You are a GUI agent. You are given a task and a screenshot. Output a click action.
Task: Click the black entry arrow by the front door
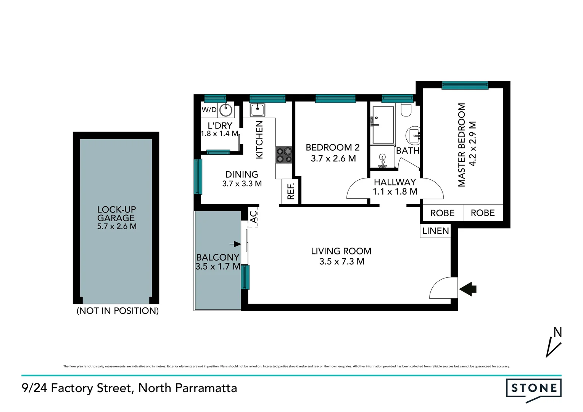[468, 289]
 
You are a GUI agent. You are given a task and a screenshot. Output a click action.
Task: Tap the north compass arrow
[554, 346]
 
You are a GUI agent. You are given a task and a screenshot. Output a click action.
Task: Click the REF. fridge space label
[291, 192]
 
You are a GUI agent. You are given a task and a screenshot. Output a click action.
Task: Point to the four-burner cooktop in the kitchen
[284, 155]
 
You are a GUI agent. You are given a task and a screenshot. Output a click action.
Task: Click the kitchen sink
[258, 110]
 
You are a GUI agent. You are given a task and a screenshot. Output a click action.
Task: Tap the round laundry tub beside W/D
[226, 110]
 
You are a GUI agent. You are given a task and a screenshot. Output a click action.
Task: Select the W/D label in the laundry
[209, 110]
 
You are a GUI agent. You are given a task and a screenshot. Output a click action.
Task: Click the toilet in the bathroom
[406, 110]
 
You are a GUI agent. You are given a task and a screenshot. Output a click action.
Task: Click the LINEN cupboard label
[435, 231]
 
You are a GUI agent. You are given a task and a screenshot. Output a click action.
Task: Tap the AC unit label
[253, 217]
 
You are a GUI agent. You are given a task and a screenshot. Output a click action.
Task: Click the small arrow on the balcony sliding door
[235, 244]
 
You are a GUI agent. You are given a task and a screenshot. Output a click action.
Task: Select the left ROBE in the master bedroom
[442, 213]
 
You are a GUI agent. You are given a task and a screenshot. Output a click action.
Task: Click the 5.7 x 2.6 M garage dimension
[117, 227]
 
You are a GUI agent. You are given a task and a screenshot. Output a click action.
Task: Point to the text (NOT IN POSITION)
[118, 311]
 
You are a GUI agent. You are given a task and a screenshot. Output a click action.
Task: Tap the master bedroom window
[465, 85]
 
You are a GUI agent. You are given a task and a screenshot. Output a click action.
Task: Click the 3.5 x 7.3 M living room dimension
[341, 262]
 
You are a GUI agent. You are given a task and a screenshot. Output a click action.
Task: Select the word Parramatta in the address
[206, 388]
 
